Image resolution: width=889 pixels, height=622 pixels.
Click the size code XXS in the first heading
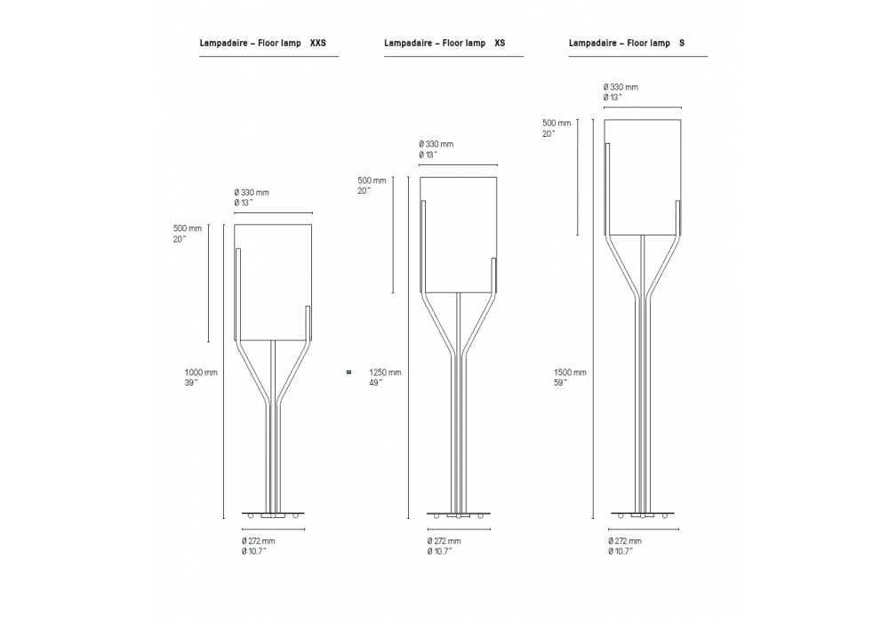click(318, 43)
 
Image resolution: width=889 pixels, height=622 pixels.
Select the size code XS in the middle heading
click(500, 43)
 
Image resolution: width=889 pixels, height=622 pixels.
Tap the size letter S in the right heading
click(682, 43)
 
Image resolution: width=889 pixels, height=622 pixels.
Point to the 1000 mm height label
click(201, 372)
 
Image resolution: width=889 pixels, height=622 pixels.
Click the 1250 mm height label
click(385, 372)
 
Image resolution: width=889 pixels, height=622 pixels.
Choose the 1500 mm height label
click(570, 372)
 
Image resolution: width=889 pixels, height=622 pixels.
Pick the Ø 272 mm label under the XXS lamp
click(258, 541)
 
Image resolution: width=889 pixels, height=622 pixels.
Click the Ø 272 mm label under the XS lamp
click(444, 541)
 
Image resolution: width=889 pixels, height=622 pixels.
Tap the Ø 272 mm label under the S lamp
click(625, 541)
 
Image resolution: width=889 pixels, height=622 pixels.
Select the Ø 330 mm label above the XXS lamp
click(252, 193)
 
